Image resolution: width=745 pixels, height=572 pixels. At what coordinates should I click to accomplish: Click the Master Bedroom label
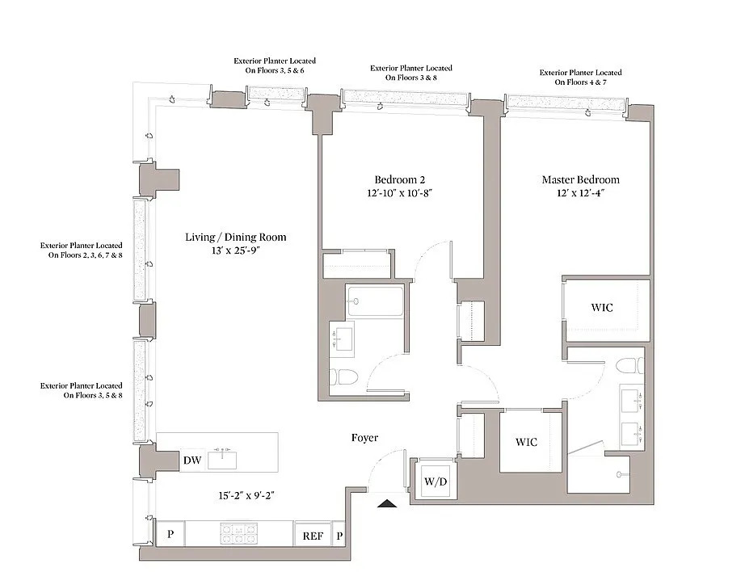(581, 179)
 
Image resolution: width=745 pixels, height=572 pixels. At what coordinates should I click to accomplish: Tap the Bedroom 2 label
(400, 179)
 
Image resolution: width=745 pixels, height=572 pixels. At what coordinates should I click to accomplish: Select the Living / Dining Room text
(236, 237)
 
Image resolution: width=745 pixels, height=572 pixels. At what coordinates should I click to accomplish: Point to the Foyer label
(365, 438)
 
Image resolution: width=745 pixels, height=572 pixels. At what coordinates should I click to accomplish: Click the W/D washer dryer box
(436, 482)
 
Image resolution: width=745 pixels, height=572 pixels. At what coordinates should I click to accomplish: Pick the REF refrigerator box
(313, 536)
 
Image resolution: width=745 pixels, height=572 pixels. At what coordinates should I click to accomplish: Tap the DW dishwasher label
(192, 460)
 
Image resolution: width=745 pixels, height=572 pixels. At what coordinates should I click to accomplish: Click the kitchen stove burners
(238, 533)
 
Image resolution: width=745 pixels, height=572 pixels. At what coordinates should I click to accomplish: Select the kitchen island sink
(222, 459)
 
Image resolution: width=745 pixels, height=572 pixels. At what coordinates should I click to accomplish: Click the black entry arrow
(387, 503)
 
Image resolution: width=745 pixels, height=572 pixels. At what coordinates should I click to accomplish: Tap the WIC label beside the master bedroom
(602, 307)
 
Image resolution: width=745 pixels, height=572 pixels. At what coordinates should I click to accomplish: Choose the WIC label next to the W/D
(527, 442)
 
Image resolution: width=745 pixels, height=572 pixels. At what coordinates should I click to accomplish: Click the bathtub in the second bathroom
(376, 301)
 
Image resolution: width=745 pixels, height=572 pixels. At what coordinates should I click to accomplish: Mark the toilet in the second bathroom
(339, 377)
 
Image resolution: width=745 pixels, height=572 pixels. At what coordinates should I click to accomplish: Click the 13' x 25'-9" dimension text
(236, 250)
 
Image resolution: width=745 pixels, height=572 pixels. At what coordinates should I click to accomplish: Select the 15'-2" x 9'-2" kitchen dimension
(246, 495)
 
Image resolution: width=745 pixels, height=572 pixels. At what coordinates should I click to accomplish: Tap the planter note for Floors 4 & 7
(581, 78)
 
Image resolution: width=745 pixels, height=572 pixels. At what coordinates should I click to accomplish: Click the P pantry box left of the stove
(170, 534)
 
